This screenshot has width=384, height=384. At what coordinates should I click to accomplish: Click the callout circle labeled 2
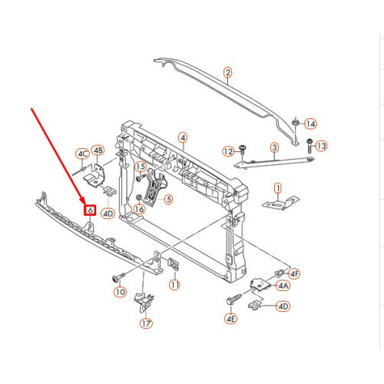pyautogui.click(x=227, y=73)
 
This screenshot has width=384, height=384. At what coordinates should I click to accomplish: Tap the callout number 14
pyautogui.click(x=310, y=124)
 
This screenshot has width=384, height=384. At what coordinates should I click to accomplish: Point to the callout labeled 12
pyautogui.click(x=228, y=151)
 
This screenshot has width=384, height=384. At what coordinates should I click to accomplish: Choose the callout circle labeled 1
pyautogui.click(x=278, y=187)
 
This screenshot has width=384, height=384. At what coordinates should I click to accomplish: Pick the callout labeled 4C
pyautogui.click(x=82, y=154)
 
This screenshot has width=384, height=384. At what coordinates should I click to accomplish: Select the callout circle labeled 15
pyautogui.click(x=141, y=167)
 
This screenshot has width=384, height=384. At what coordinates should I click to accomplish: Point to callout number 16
pyautogui.click(x=139, y=208)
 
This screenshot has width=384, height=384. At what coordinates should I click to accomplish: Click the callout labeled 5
pyautogui.click(x=168, y=198)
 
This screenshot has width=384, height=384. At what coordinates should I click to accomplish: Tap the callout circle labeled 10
pyautogui.click(x=119, y=292)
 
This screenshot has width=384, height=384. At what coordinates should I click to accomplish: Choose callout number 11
pyautogui.click(x=174, y=285)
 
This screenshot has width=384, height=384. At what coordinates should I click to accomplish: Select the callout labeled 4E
pyautogui.click(x=230, y=317)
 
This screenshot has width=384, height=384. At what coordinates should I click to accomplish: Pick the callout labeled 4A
pyautogui.click(x=283, y=285)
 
